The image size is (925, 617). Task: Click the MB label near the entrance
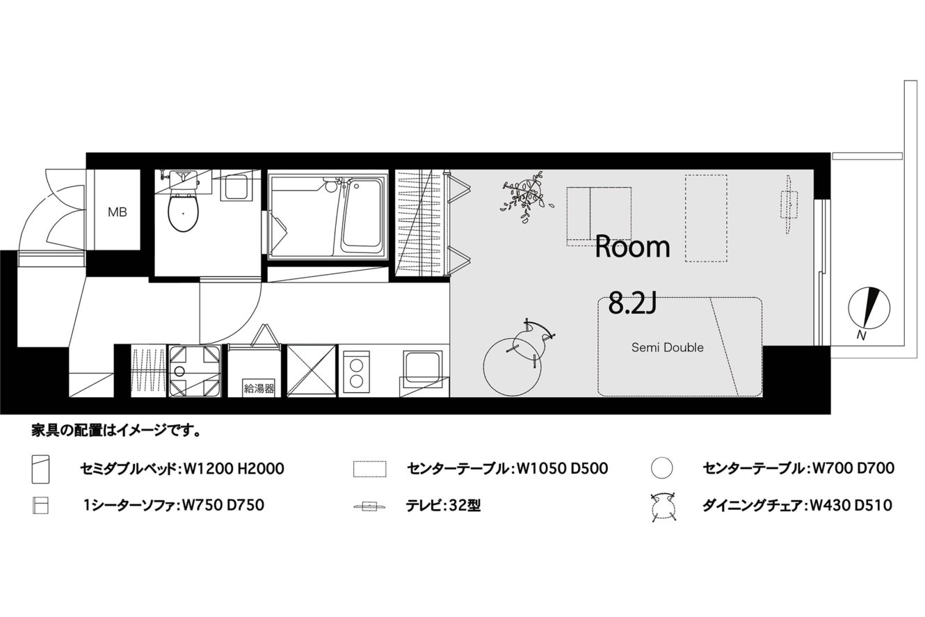pyautogui.click(x=118, y=212)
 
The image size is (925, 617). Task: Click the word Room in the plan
pyautogui.click(x=632, y=246)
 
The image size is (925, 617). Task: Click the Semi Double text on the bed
pyautogui.click(x=668, y=347)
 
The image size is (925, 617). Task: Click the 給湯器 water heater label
pyautogui.click(x=259, y=388)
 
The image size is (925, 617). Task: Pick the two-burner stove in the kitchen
pyautogui.click(x=357, y=372)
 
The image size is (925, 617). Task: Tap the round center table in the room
pyautogui.click(x=512, y=367)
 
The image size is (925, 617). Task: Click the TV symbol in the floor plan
pyautogui.click(x=788, y=205)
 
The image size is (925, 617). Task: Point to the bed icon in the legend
pyautogui.click(x=40, y=469)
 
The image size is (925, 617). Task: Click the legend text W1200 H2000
pyautogui.click(x=234, y=468)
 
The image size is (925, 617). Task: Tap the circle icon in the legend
pyautogui.click(x=661, y=468)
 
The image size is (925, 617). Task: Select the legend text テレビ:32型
pyautogui.click(x=443, y=506)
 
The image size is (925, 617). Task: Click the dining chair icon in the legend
pyautogui.click(x=662, y=506)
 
